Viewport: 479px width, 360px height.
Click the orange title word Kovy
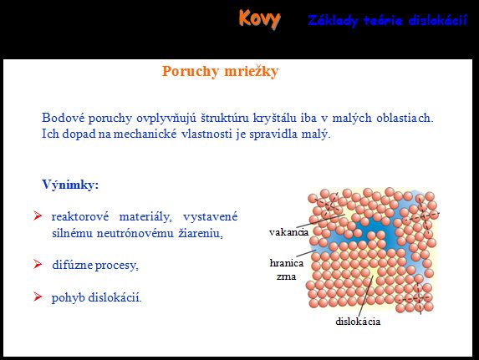click(259, 19)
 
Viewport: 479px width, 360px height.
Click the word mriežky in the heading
click(251, 72)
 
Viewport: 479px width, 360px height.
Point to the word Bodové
click(63, 118)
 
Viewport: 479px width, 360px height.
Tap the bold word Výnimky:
click(70, 185)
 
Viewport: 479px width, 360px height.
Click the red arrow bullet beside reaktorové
click(38, 215)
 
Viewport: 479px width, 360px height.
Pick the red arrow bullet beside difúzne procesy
click(38, 264)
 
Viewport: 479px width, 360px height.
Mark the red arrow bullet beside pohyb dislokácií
click(38, 297)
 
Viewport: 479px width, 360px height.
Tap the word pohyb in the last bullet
click(68, 297)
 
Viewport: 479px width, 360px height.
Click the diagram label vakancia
click(288, 232)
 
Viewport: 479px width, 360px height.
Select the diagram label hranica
click(287, 263)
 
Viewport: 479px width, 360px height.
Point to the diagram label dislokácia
click(358, 322)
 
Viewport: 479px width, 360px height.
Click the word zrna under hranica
click(286, 277)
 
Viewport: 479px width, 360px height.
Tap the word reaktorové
click(80, 216)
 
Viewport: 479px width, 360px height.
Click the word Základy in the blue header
click(333, 20)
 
